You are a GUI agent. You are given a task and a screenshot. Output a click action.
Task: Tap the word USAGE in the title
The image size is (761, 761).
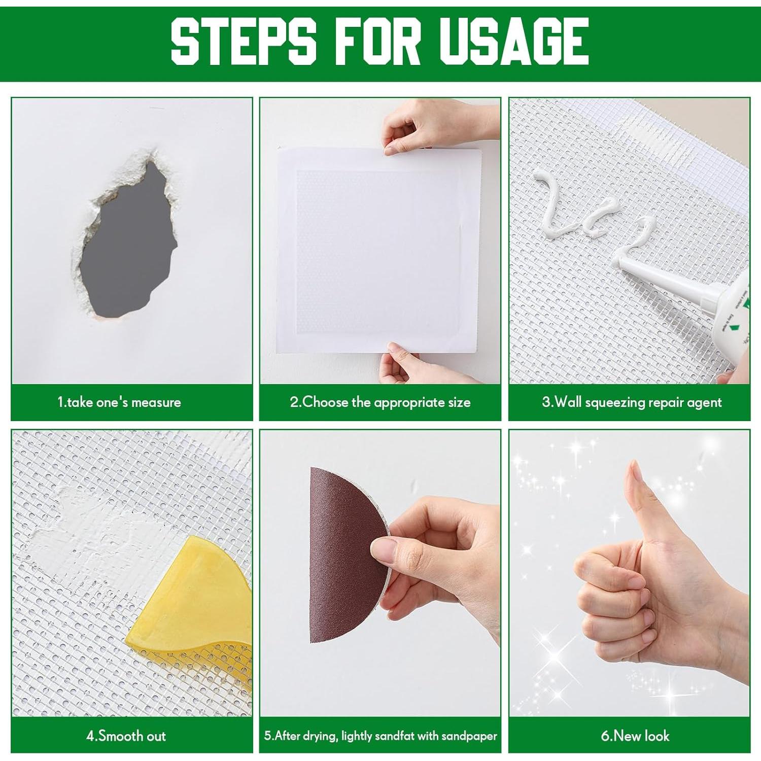point(513,41)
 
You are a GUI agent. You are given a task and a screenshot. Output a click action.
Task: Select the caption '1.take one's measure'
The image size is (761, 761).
point(119,402)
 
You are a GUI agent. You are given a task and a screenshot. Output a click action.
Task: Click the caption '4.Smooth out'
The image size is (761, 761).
point(126,736)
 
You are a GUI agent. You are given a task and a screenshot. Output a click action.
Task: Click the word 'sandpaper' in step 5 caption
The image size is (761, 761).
point(469,736)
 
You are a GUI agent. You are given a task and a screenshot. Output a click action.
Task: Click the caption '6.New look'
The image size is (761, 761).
point(635,736)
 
